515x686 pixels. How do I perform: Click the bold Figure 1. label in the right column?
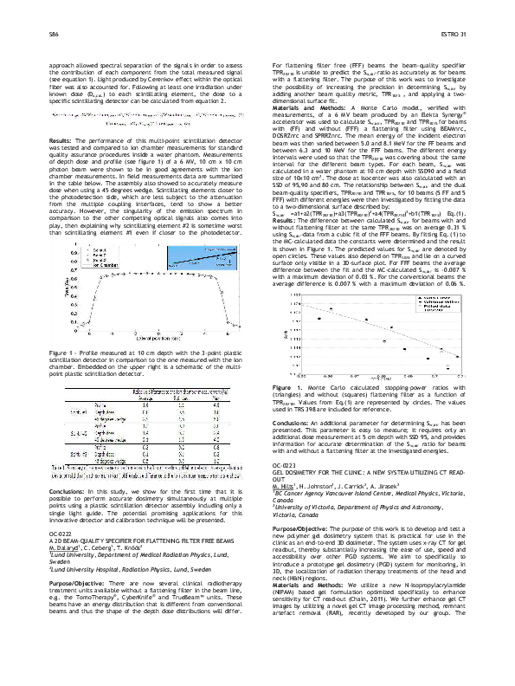[286, 409]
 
